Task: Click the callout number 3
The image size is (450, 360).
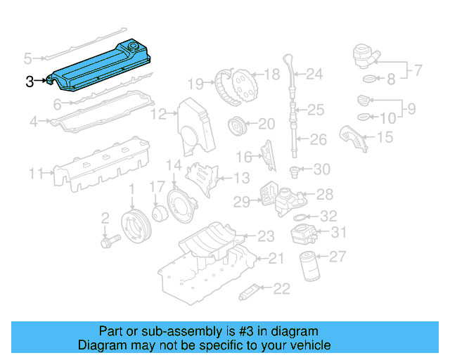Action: tap(30, 82)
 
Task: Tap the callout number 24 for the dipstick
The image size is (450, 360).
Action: tap(314, 73)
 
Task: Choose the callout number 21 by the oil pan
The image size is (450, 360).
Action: tap(276, 259)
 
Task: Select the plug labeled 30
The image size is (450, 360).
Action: tap(296, 169)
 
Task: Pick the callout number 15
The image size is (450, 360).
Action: tap(384, 137)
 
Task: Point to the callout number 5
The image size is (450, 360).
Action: tap(28, 58)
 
